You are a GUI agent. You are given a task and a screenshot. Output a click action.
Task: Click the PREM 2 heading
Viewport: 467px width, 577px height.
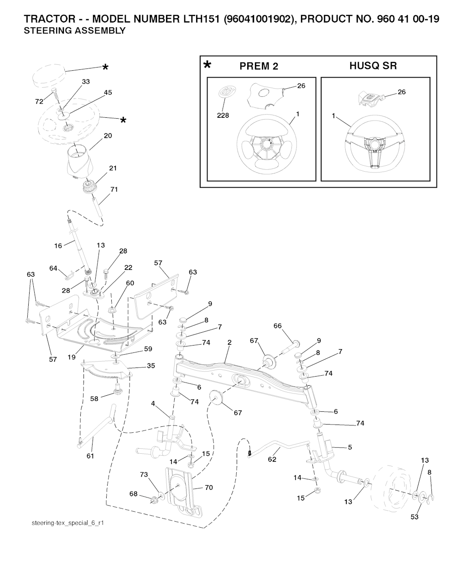[259, 66]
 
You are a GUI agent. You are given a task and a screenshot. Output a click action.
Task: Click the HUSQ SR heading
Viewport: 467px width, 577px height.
[373, 66]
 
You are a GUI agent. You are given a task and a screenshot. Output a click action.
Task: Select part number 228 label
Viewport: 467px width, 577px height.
[223, 115]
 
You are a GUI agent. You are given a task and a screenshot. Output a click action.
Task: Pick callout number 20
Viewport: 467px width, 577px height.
[108, 136]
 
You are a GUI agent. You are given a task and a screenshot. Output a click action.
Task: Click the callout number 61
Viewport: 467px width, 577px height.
[90, 456]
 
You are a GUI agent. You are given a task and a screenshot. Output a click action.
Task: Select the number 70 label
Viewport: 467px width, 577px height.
[209, 488]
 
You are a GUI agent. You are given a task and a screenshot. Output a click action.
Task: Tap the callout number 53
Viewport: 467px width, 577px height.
[415, 517]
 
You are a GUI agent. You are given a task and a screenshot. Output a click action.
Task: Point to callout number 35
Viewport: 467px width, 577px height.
[150, 366]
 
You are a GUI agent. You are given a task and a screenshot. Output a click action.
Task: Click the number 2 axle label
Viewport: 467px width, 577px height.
[229, 342]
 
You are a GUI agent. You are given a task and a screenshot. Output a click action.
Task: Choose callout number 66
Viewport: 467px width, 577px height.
[278, 326]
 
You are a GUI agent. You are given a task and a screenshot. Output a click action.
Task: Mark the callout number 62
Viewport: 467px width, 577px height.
[272, 459]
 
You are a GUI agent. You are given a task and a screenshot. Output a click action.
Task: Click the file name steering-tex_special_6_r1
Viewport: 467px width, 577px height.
[68, 523]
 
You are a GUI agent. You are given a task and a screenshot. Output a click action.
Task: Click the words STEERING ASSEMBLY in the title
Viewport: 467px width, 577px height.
[74, 31]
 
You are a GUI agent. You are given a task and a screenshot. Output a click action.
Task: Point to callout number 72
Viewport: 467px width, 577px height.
[39, 101]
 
